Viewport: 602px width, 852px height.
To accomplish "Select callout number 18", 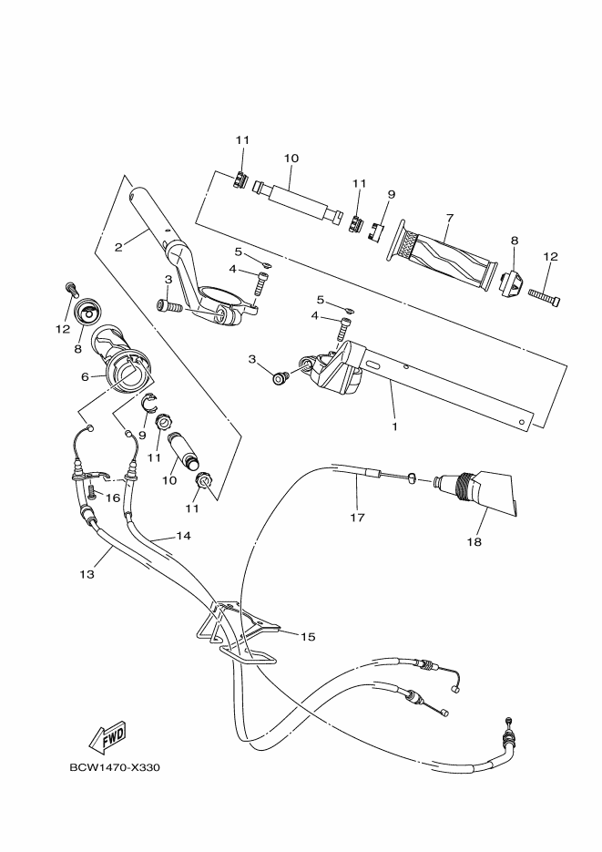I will pos(474,541).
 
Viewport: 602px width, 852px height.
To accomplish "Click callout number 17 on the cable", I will pos(357,517).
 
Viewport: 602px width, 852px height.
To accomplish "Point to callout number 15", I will pos(307,636).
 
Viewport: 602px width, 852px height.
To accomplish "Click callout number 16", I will pos(113,498).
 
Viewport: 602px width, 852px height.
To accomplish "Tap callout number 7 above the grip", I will pos(449,218).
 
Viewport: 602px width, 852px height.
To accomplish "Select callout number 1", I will pos(393,425).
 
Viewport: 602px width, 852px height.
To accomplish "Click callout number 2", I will pos(118,246).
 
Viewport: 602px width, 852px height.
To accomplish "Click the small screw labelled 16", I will pos(92,492).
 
